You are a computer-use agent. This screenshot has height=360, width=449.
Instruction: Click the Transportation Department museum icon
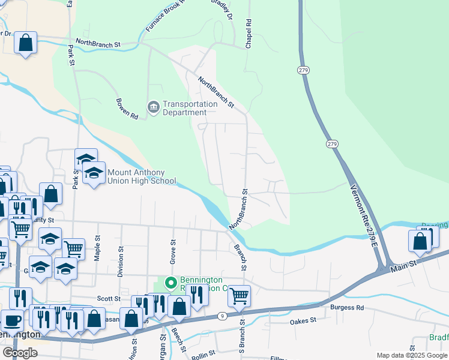coord(152,108)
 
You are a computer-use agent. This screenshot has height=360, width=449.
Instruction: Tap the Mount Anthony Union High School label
coord(141,176)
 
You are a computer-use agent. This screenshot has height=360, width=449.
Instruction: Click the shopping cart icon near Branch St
coord(239,295)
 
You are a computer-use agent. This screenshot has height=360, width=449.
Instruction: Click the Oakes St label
coord(303,321)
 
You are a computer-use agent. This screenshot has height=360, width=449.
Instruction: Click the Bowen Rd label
coord(127,109)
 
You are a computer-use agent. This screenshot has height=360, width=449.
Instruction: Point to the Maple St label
coord(97,250)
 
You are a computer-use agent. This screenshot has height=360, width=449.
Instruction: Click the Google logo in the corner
coord(20,353)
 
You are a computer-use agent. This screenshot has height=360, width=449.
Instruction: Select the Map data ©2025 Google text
coord(412,355)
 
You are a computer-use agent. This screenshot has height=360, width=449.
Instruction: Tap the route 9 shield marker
coord(222,316)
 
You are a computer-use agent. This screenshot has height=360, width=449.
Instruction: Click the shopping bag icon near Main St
coord(420,241)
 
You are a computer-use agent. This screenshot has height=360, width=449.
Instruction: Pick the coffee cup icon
coord(12,320)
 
